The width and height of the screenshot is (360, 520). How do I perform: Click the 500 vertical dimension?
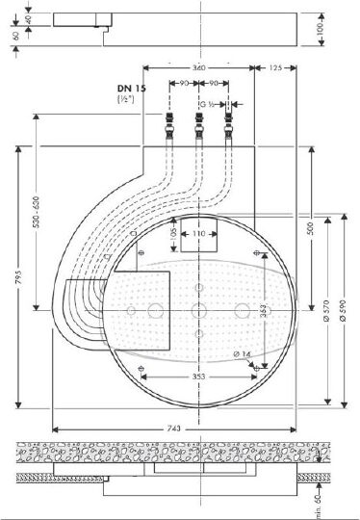click(x=312, y=229)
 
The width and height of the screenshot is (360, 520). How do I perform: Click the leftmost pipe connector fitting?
click(x=169, y=124)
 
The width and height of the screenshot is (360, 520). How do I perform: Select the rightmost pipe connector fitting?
click(x=229, y=124)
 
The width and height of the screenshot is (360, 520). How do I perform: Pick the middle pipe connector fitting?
click(x=199, y=124)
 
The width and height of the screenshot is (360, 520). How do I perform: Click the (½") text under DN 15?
click(x=125, y=98)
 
